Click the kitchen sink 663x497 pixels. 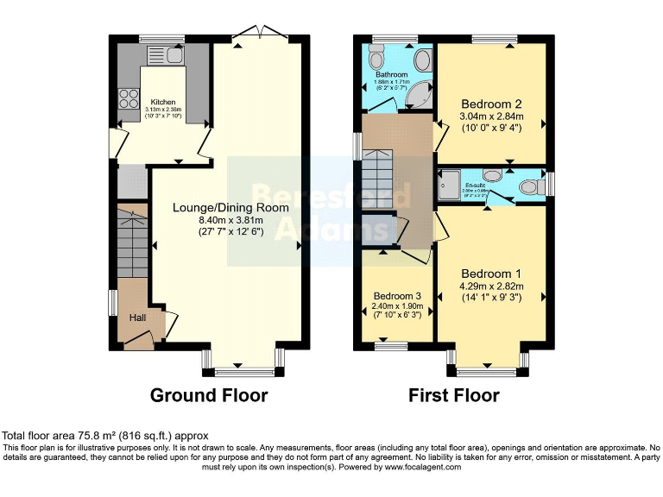point(174,56)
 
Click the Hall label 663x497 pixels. point(138,318)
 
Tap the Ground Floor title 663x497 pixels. point(209,395)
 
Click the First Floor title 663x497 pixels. point(454,395)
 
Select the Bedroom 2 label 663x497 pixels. point(490,104)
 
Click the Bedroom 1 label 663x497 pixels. point(490,274)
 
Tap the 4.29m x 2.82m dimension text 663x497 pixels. point(490,286)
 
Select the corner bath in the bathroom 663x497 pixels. point(422,94)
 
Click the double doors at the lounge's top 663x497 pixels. point(257,32)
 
